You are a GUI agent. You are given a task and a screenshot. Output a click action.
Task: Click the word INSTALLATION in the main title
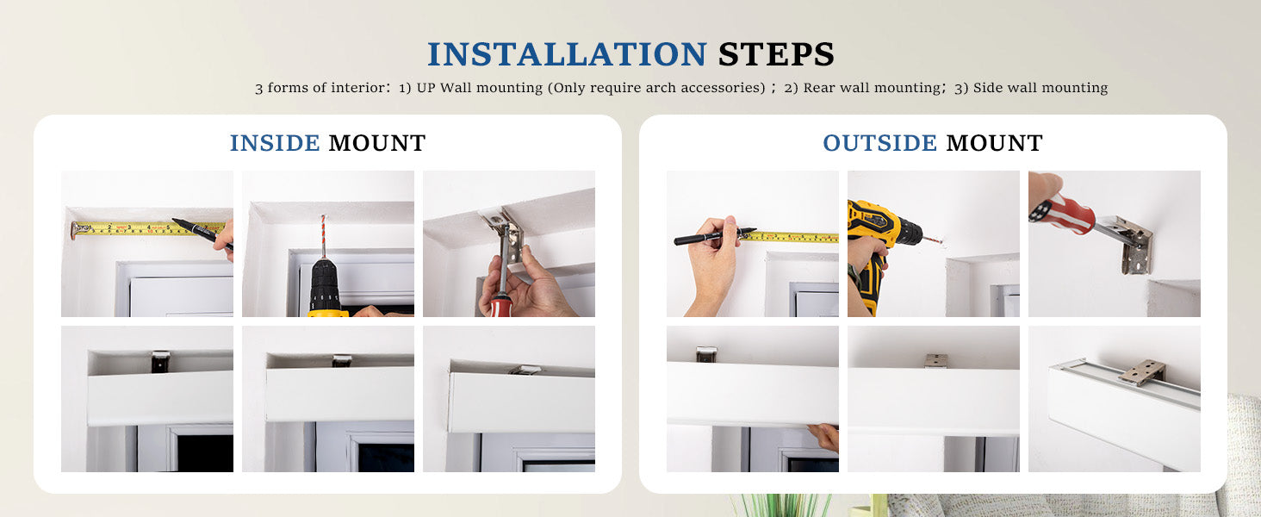(x=567, y=54)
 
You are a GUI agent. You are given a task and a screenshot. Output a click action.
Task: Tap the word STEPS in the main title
(x=776, y=54)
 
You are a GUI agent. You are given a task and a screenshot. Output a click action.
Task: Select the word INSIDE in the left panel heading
(x=275, y=143)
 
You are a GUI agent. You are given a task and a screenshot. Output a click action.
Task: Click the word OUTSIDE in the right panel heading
(x=880, y=143)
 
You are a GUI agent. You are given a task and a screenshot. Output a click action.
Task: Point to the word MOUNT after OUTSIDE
(x=995, y=143)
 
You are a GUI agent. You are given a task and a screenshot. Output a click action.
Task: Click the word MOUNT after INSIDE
(x=377, y=143)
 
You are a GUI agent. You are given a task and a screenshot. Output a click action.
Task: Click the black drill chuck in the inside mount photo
(x=325, y=284)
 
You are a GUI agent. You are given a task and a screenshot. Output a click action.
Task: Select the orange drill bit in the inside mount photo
(x=323, y=237)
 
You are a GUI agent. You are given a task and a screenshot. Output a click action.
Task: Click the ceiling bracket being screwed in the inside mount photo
(x=503, y=232)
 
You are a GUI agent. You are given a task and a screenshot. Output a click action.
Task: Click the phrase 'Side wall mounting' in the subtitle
(x=1040, y=88)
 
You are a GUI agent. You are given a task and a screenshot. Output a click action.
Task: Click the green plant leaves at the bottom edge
(x=781, y=506)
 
